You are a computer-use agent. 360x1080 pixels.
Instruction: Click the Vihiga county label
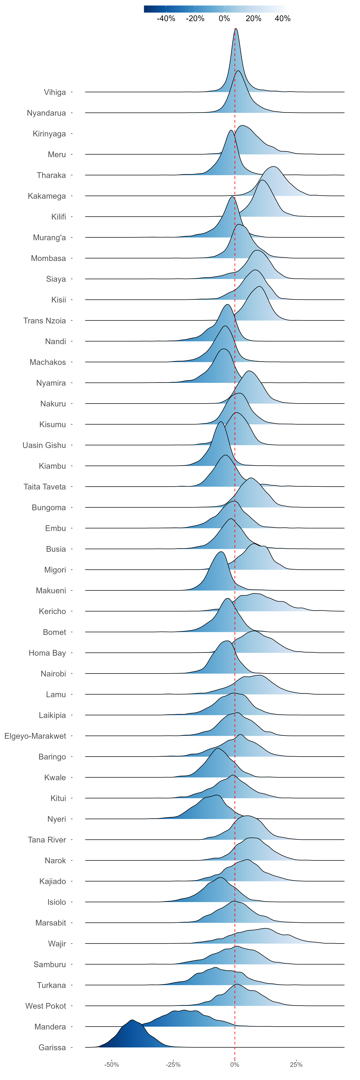pyautogui.click(x=55, y=92)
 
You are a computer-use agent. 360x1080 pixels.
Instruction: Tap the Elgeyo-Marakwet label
pyautogui.click(x=35, y=736)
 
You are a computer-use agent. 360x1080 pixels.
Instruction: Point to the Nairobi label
pyautogui.click(x=53, y=674)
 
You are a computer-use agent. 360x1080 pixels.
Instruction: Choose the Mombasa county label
pyautogui.click(x=48, y=258)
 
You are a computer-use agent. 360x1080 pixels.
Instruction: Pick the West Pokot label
pyautogui.click(x=46, y=1006)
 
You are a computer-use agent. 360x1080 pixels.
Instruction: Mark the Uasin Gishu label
pyautogui.click(x=44, y=445)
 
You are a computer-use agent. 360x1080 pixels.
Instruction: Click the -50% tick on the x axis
pyautogui.click(x=112, y=1065)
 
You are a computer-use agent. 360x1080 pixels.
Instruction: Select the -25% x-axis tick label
pyautogui.click(x=173, y=1065)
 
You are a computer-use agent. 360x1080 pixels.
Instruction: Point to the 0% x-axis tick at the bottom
pyautogui.click(x=235, y=1065)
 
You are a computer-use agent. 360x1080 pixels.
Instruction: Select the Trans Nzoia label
pyautogui.click(x=44, y=321)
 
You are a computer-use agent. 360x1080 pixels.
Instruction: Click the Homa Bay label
pyautogui.click(x=47, y=653)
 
